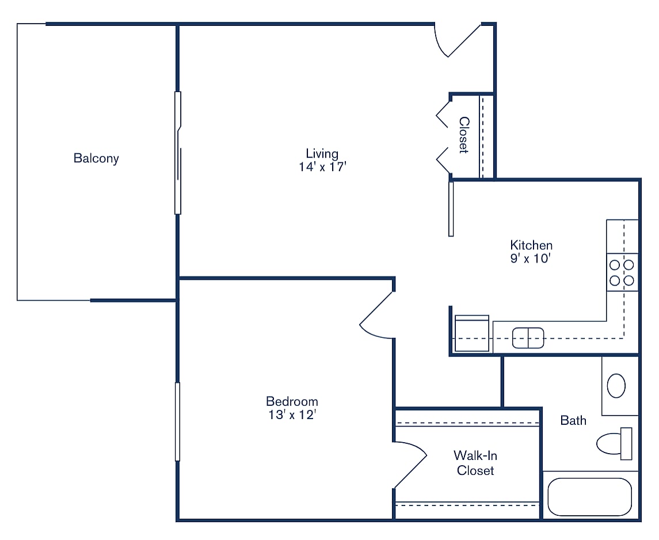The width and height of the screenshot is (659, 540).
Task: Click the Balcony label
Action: click(96, 158)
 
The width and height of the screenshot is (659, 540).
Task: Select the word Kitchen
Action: click(531, 245)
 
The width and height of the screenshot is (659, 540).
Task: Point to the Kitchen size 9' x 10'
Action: click(531, 259)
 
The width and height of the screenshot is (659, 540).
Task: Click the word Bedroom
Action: click(292, 401)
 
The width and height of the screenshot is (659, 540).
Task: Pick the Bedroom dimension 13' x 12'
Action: click(292, 415)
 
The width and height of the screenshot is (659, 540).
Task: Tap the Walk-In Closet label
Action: click(475, 463)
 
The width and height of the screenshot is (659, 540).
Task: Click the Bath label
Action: click(573, 420)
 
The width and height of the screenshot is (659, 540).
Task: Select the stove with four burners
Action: click(622, 273)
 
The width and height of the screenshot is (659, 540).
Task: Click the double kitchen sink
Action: click(528, 338)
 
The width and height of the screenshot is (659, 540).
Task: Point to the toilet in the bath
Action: click(613, 443)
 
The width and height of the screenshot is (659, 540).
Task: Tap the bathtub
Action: click(590, 496)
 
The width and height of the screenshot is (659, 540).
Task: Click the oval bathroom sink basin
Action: click(616, 386)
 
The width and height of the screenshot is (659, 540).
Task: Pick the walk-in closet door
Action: click(410, 464)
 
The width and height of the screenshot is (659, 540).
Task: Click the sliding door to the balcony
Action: click(178, 153)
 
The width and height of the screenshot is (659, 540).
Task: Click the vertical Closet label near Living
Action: click(464, 135)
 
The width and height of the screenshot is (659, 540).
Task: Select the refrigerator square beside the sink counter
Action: click(472, 334)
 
